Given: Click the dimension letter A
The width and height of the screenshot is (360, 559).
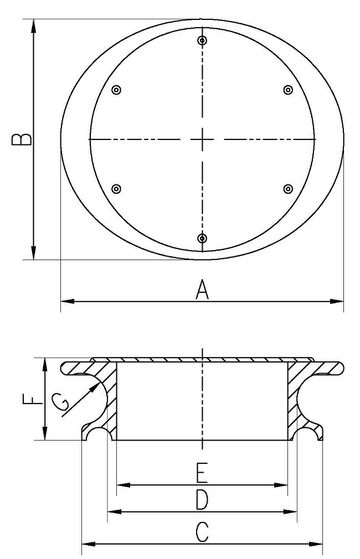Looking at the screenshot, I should coord(203,289).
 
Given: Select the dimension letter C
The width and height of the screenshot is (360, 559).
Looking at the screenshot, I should coord(202,532).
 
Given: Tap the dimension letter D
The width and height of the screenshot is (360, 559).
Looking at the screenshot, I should coord(202,500).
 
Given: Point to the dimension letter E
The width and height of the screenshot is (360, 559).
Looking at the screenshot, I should coord(202,474).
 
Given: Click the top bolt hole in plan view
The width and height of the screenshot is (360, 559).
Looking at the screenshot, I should coord(203,41).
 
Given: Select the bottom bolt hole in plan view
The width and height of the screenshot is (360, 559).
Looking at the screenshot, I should coord(202,239).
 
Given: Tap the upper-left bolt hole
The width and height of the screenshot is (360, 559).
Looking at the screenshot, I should coord(116,90).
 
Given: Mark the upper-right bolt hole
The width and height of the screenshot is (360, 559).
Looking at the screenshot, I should coord(288,90).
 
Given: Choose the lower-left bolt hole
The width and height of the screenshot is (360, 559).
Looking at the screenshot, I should coord(116,189).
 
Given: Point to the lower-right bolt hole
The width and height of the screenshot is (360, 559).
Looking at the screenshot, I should coord(288,189).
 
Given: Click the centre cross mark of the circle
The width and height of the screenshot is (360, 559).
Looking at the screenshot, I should coord(203,139).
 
